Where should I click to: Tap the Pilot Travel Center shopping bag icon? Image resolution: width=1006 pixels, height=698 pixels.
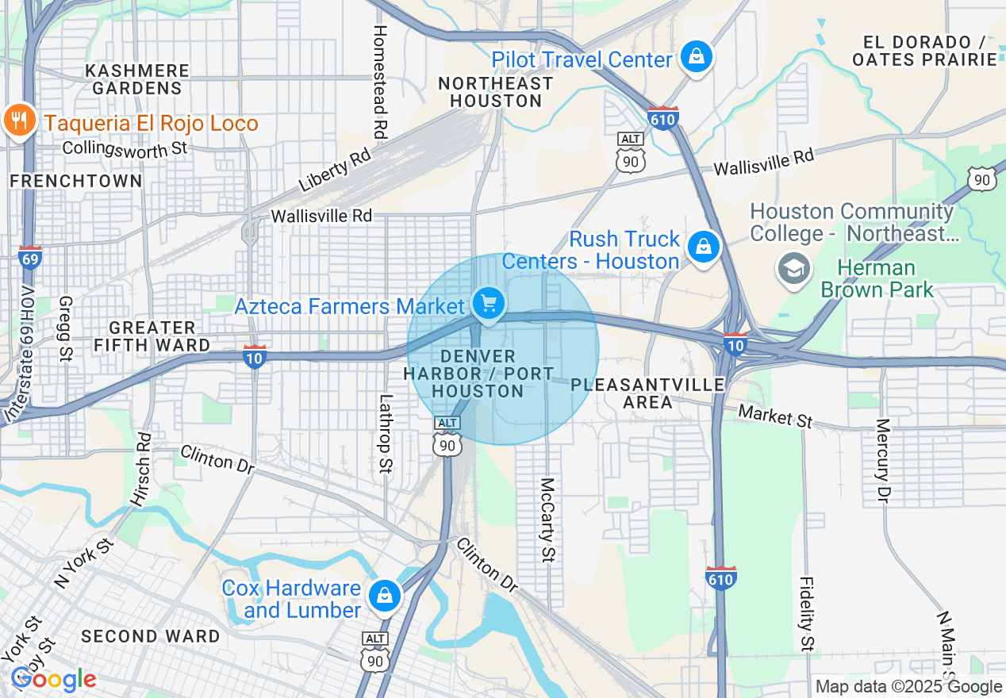click(x=696, y=56)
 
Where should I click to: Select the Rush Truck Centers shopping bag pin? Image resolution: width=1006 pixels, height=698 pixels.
click(x=703, y=247)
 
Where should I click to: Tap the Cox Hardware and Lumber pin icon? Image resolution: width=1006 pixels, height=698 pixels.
click(x=385, y=595)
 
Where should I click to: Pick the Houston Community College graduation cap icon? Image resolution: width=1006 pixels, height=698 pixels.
click(x=793, y=267)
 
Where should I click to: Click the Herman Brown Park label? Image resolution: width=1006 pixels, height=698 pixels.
click(x=877, y=279)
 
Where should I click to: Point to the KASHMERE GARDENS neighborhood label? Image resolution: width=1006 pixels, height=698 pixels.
click(x=137, y=79)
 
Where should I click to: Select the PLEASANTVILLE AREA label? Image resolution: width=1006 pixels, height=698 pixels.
click(x=647, y=393)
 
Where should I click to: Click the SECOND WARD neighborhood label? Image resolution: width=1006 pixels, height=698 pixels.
click(x=151, y=636)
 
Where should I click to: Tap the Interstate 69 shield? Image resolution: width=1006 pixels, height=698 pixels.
click(x=30, y=257)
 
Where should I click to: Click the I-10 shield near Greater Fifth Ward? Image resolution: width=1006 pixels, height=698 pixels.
click(x=255, y=356)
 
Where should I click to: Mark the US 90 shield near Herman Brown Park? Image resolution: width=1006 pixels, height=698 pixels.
click(x=982, y=178)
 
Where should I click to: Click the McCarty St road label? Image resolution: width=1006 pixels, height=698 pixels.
click(x=547, y=520)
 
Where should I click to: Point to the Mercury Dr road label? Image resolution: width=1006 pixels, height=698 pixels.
click(x=884, y=460)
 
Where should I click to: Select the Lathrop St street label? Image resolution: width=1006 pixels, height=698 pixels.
click(x=386, y=434)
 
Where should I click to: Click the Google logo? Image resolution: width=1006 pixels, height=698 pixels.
click(x=53, y=679)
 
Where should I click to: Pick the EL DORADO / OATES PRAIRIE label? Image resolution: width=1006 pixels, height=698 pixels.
click(x=923, y=51)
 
